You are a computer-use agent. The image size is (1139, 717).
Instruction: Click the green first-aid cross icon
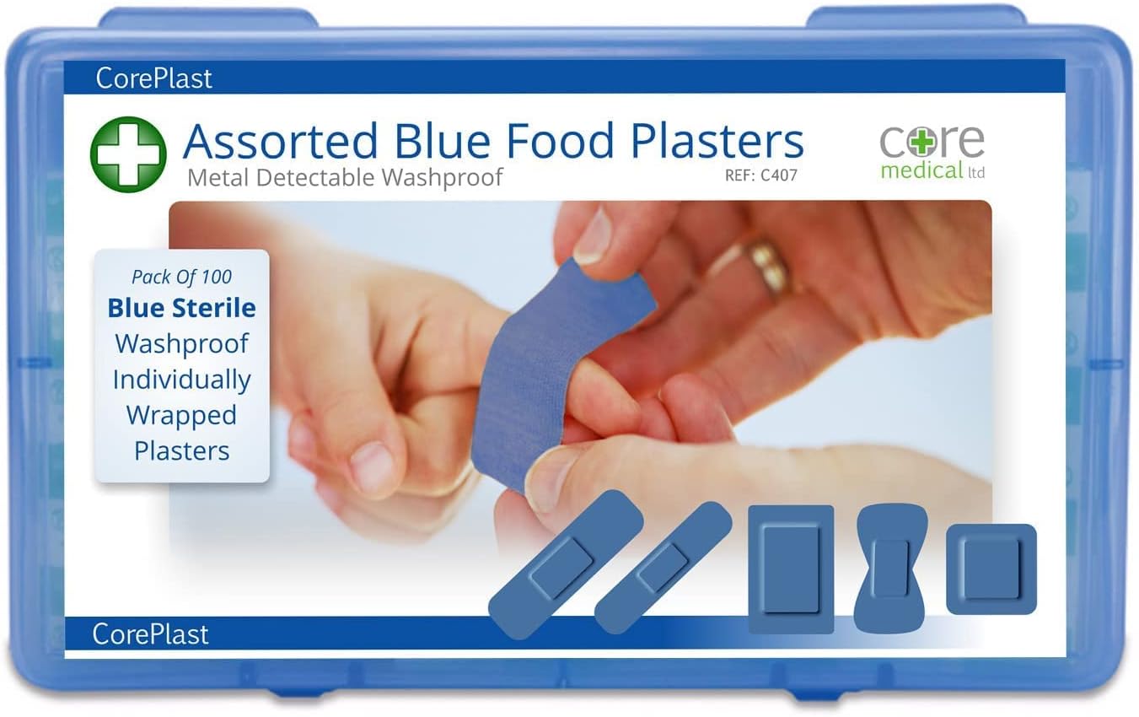click(x=128, y=154)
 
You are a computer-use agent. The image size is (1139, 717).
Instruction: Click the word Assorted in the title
click(x=279, y=142)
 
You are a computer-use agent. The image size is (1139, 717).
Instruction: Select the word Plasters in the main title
click(x=719, y=142)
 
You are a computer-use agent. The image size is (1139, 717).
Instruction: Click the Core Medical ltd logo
click(x=932, y=152)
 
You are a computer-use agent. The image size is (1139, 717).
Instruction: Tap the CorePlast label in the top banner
click(x=153, y=78)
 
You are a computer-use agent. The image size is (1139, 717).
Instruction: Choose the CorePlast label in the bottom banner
click(x=150, y=633)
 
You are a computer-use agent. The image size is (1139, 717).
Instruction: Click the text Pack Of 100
click(x=181, y=277)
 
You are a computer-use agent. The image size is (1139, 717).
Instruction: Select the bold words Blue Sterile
click(x=181, y=308)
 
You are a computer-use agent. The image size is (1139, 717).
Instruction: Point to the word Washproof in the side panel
click(x=181, y=343)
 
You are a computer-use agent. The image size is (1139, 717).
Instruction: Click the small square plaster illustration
click(x=991, y=569)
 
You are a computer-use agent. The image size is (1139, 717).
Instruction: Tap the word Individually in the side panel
click(x=181, y=380)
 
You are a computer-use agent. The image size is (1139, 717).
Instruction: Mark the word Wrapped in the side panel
click(x=181, y=415)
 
